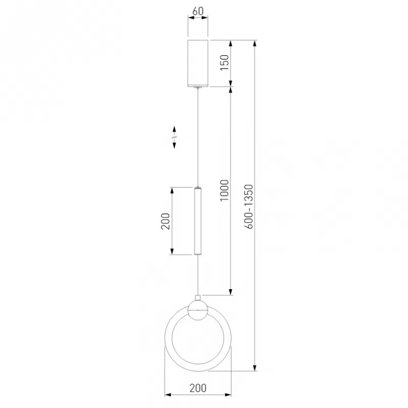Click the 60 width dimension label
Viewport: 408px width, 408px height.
[x=198, y=11]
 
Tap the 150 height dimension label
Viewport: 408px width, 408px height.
[x=224, y=62]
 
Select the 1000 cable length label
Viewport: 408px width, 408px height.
[x=224, y=190]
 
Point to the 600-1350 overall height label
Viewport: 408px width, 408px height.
[x=249, y=207]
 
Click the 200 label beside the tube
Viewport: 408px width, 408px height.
[x=165, y=221]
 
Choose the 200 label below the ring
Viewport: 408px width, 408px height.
[x=198, y=388]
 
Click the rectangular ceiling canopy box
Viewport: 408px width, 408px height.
[x=198, y=63]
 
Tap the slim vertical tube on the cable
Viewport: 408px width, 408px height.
[x=198, y=221]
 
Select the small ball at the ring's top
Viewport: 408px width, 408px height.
[x=198, y=311]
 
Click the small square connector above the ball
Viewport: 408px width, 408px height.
[x=198, y=298]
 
